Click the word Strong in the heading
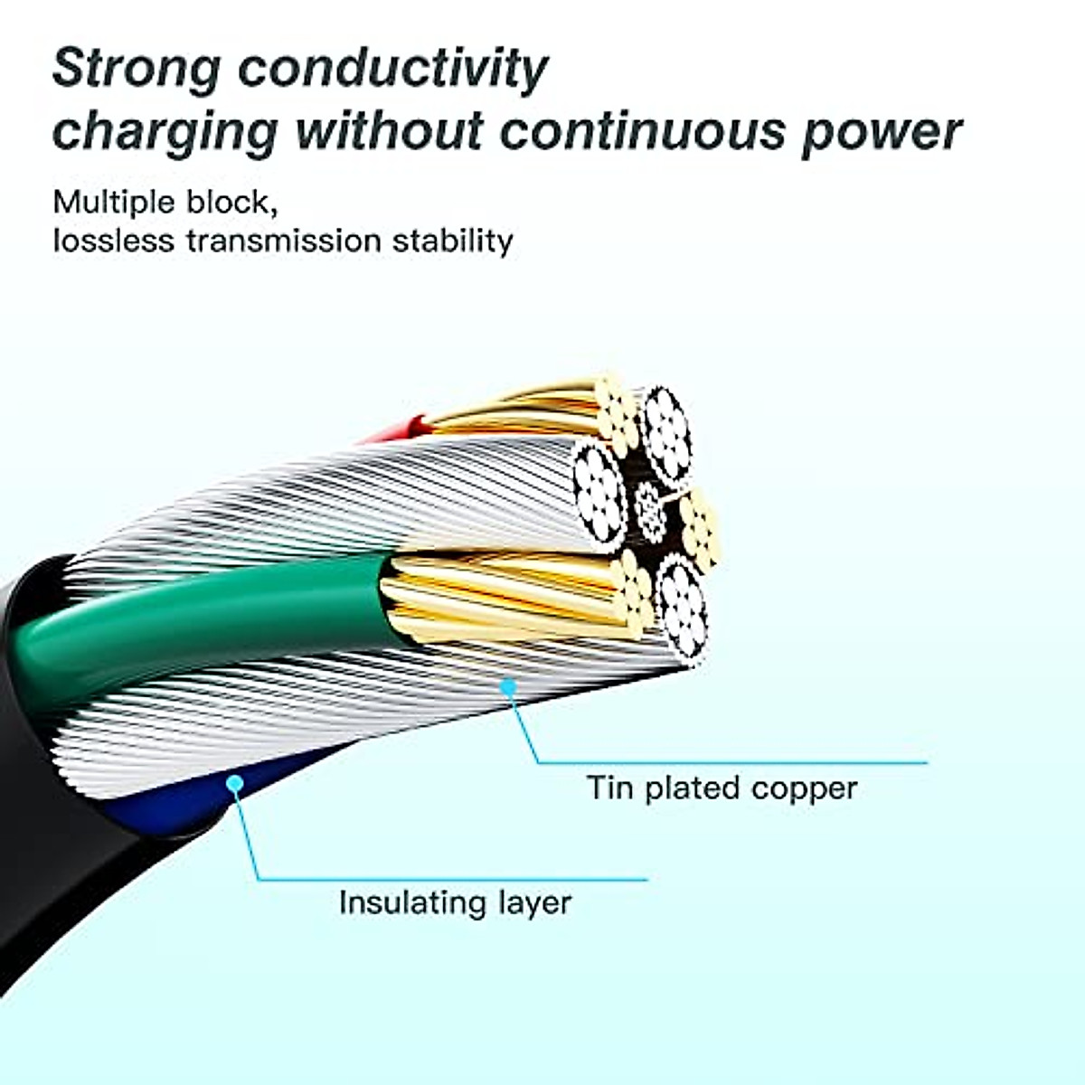(136, 69)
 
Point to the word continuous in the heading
(643, 130)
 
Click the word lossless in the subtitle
(113, 241)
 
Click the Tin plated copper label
(722, 788)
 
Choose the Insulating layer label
(455, 902)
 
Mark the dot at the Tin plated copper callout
(508, 689)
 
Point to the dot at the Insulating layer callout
(234, 783)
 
